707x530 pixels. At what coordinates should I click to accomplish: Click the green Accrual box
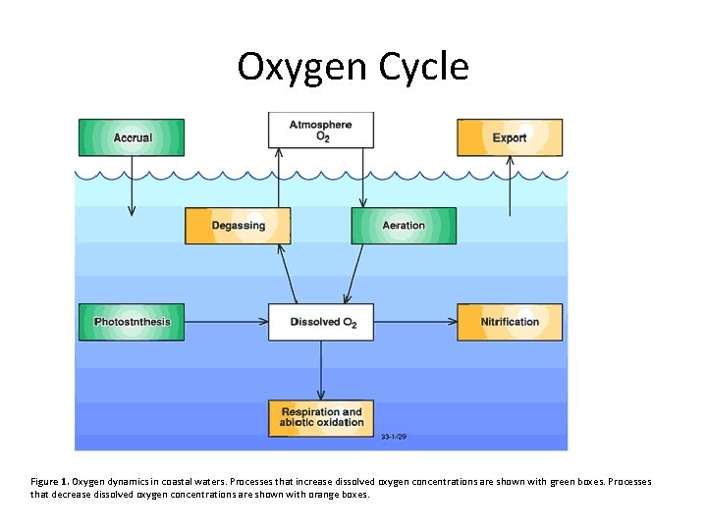(132, 137)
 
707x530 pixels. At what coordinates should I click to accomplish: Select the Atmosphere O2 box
(321, 131)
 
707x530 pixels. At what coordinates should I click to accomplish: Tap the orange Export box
(510, 137)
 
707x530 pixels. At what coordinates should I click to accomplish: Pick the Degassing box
(239, 226)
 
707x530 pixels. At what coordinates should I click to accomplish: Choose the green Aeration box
(404, 226)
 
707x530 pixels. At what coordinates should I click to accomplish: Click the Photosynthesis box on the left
(132, 322)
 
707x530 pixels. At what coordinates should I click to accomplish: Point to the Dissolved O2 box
(321, 322)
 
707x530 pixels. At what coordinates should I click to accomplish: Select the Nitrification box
(510, 322)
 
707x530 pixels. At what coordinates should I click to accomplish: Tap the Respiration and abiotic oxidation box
(321, 417)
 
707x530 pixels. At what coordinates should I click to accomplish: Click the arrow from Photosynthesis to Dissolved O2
(226, 322)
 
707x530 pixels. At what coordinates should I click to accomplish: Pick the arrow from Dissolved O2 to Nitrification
(415, 322)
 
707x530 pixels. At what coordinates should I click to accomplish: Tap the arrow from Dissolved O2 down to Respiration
(321, 370)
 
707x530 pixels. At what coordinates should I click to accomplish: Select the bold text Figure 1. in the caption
(49, 482)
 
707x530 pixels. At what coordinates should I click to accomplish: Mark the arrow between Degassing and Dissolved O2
(289, 275)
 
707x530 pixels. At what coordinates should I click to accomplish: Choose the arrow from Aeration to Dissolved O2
(353, 275)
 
